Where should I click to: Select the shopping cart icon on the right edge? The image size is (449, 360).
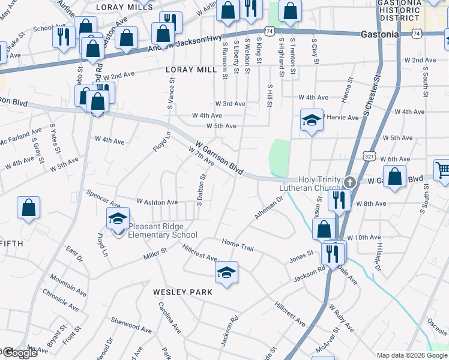[442, 170]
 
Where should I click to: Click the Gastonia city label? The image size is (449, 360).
[379, 34]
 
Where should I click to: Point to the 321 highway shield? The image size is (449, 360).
[369, 155]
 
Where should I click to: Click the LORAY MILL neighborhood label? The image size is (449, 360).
[191, 70]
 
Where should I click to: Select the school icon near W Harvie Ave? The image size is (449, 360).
[311, 121]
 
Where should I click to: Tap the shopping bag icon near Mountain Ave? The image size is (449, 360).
[28, 208]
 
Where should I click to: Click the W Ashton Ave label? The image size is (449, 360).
[157, 202]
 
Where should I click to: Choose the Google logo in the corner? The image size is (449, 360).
[19, 353]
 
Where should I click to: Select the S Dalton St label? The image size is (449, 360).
[203, 188]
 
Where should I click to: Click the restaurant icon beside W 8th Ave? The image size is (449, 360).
[339, 200]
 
